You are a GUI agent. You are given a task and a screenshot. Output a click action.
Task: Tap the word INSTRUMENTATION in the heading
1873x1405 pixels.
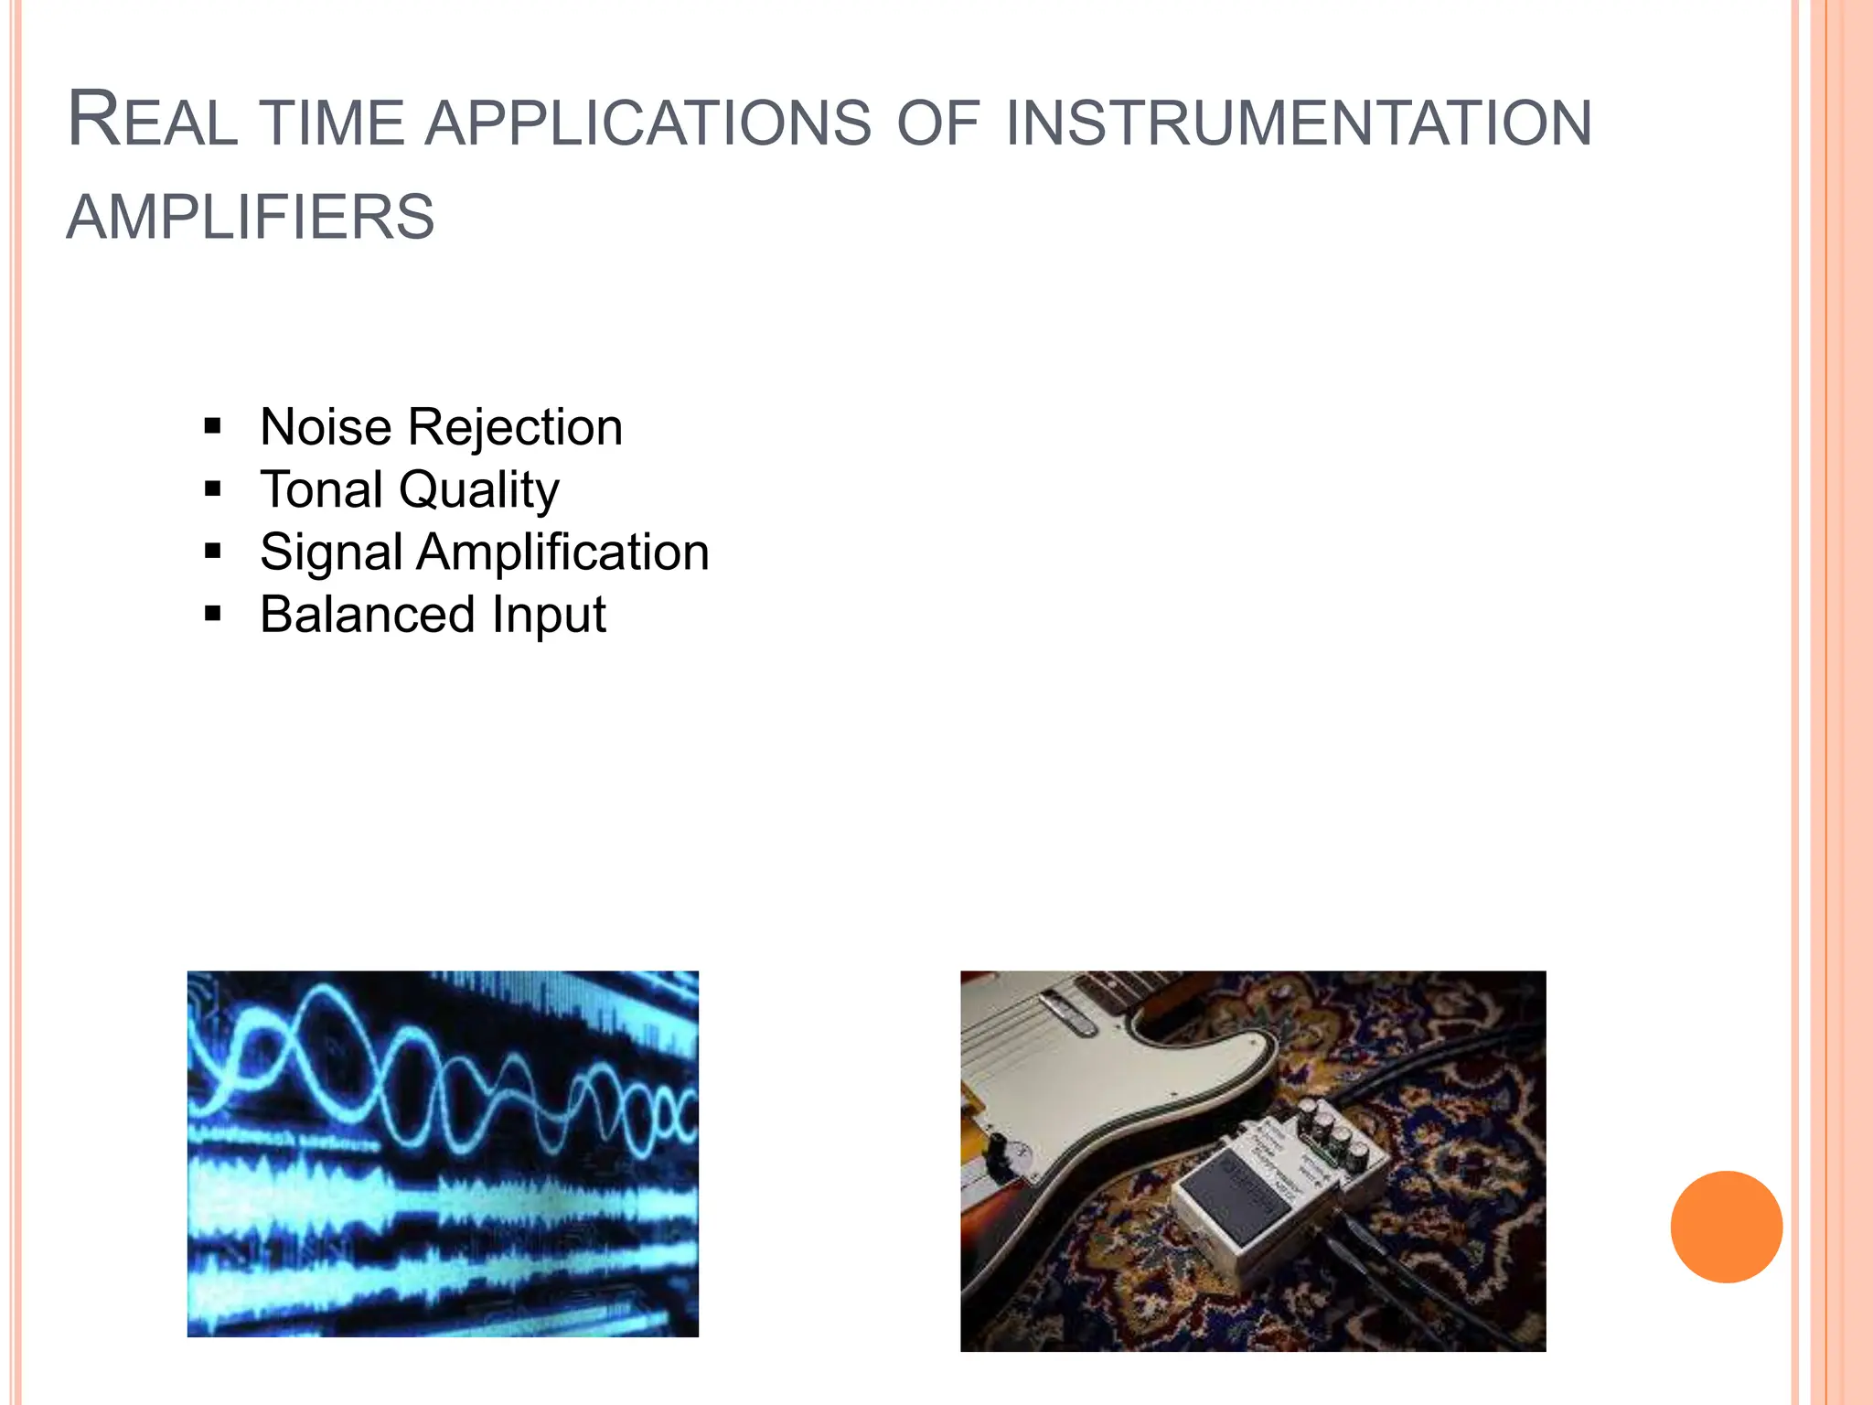click(1299, 123)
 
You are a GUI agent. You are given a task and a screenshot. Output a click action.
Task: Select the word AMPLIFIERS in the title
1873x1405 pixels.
click(251, 218)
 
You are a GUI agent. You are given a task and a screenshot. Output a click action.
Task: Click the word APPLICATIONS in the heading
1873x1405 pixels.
click(648, 123)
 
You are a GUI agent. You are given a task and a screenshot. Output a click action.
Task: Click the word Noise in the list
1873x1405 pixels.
click(326, 427)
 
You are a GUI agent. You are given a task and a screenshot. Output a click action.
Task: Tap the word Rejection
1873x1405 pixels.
click(515, 427)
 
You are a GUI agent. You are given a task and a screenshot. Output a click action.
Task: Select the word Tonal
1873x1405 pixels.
click(321, 489)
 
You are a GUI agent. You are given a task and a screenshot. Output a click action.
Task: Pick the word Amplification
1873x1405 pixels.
click(563, 552)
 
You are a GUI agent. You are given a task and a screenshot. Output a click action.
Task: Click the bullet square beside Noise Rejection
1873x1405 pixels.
click(213, 426)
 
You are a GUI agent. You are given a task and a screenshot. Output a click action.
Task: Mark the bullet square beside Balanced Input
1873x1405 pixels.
click(213, 614)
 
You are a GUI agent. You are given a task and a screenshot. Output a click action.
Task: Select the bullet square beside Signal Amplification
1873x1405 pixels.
click(213, 552)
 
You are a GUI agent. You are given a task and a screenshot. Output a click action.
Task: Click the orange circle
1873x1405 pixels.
click(1726, 1227)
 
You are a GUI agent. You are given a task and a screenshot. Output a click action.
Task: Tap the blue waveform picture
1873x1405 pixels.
click(443, 1153)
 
